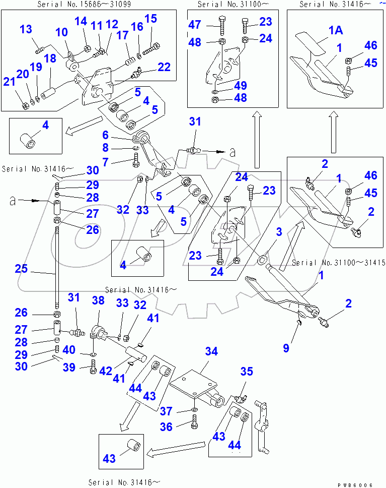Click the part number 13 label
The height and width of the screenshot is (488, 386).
tap(26, 29)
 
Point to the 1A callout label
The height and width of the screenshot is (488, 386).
tap(336, 30)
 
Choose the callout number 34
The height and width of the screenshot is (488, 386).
tap(212, 351)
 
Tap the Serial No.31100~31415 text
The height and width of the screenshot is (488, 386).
tap(338, 263)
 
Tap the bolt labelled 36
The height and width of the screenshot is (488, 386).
tap(195, 422)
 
